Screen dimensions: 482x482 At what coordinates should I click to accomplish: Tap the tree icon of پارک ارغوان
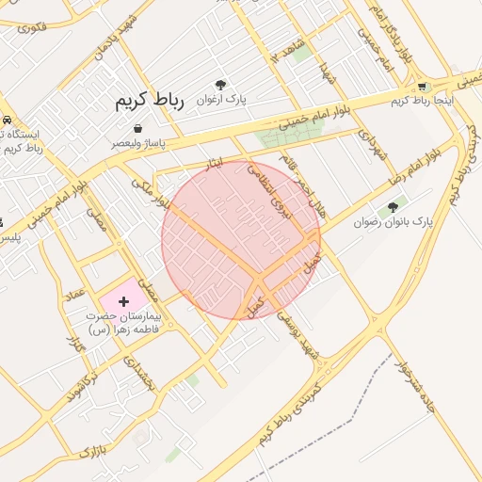coord(221,84)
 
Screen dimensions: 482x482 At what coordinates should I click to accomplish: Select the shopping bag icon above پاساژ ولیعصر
coord(138,128)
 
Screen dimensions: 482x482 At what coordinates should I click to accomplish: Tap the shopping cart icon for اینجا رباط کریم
coord(423,87)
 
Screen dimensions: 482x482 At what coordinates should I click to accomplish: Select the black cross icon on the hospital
coord(124,300)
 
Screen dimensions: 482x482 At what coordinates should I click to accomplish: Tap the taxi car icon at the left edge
coord(7,120)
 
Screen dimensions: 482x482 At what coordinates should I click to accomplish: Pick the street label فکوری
coord(31,27)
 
